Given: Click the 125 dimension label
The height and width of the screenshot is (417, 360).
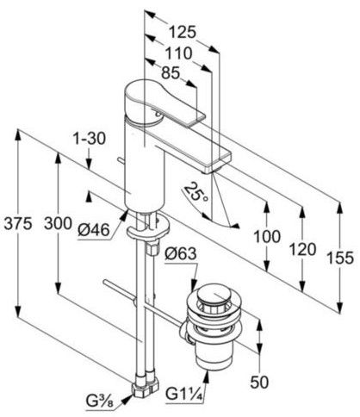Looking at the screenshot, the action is tap(182, 32).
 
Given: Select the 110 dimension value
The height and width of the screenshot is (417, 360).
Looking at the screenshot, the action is tap(178, 53).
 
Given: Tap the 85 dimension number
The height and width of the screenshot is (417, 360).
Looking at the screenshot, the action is tap(171, 73).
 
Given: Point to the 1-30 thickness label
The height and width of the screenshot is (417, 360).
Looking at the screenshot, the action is tap(89, 139).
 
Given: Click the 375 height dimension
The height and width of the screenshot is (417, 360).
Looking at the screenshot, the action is tap(17, 223).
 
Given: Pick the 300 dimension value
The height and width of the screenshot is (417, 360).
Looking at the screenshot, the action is tap(58, 223).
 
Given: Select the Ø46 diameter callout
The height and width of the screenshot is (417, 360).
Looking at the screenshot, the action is tap(94, 230).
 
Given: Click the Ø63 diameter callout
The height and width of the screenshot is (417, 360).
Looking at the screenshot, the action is tap(181, 253).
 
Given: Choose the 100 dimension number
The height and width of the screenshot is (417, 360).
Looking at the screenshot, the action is tap(267, 237).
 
